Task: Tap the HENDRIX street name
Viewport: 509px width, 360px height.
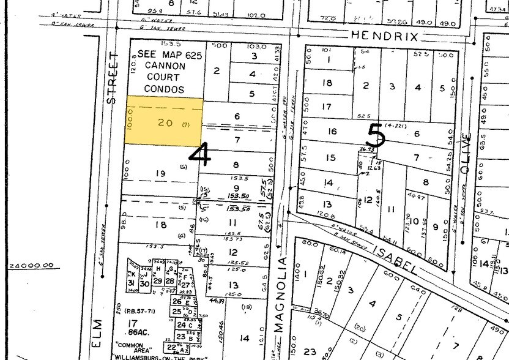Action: [385, 37]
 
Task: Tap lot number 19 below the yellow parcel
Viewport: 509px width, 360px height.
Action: [160, 173]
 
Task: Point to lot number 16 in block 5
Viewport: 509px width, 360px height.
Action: [332, 131]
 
